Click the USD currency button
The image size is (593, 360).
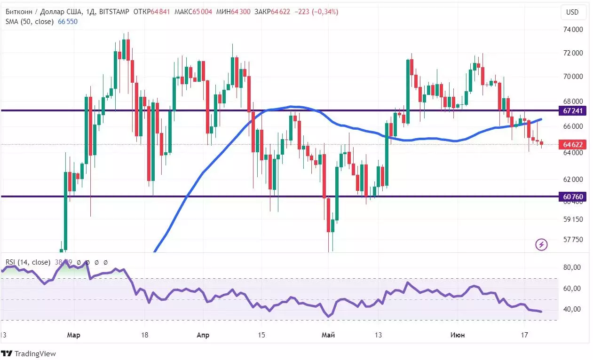tap(572, 12)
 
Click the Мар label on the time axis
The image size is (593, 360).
tap(73, 335)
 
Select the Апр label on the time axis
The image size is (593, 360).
tap(203, 335)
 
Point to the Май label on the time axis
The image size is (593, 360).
tap(328, 335)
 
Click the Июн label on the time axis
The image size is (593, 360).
tap(458, 335)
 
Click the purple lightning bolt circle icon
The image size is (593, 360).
tap(542, 244)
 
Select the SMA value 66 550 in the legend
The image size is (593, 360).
tap(67, 22)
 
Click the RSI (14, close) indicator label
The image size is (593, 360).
tap(28, 262)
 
